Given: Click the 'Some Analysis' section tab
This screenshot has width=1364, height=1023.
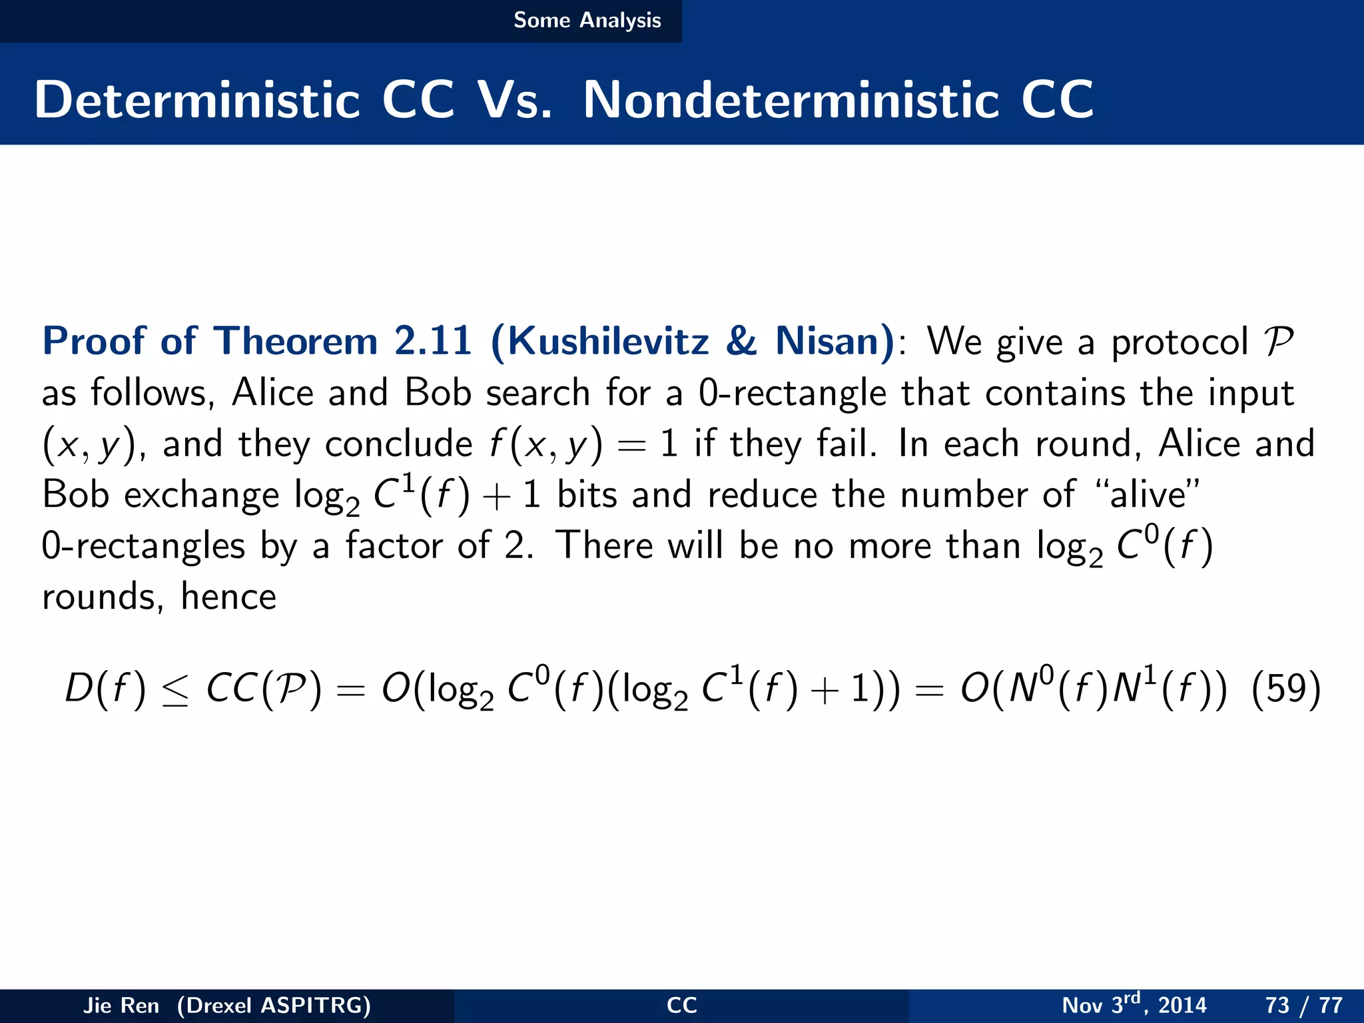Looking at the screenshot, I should click(587, 21).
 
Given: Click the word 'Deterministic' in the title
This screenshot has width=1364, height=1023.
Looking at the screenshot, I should click(197, 100).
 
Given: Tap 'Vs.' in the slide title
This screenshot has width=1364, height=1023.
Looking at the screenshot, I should click(515, 100).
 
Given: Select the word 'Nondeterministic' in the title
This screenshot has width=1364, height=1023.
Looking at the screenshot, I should click(791, 100).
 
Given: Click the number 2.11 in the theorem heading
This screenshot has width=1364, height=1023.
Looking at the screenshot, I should click(433, 341).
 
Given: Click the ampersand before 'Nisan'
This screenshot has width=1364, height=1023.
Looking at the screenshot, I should click(741, 341).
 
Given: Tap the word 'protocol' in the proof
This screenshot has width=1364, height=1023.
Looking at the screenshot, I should click(1180, 342).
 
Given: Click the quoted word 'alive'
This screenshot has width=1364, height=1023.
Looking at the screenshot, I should click(1148, 495).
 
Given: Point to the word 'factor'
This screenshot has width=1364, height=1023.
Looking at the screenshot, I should click(394, 546).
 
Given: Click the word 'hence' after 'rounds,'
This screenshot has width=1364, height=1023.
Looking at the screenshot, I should click(228, 597).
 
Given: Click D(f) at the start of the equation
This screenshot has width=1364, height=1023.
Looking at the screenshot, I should click(105, 689).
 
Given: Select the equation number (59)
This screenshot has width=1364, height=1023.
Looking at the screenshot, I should click(1285, 689).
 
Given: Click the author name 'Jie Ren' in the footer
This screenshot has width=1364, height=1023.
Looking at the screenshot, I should click(121, 1005).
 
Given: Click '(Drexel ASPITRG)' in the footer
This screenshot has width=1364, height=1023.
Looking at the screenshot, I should click(274, 1005).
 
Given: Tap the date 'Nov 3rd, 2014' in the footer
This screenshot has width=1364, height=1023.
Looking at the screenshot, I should click(1134, 1004).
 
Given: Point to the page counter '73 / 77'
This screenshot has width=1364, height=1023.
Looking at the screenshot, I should click(1303, 1005).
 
